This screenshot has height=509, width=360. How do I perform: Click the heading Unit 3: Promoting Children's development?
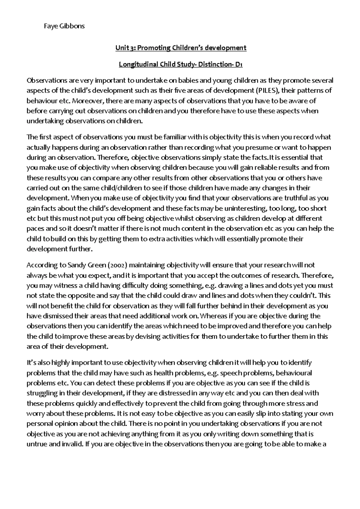pos(181,48)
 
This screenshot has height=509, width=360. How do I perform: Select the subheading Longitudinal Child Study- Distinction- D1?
pos(181,64)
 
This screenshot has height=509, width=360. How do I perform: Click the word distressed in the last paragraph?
pos(169,393)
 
